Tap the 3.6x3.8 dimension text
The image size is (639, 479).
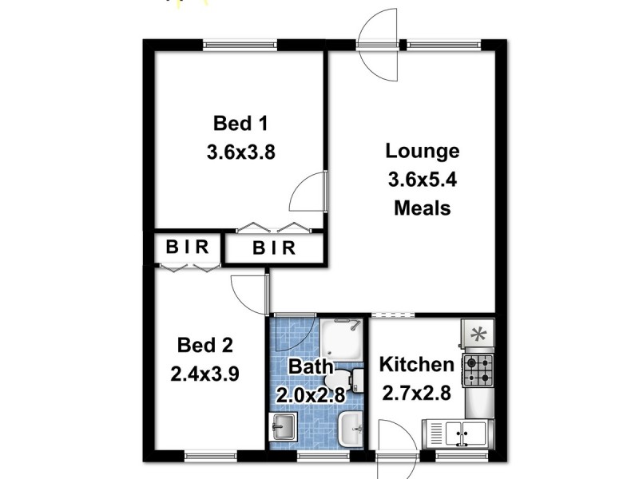240,152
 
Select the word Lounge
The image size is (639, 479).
423,151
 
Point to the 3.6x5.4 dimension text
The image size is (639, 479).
423,180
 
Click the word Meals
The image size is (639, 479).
423,208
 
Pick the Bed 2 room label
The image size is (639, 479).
205,346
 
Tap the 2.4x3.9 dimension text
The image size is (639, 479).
205,373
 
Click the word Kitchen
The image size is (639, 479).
416,365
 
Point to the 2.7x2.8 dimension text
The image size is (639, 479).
416,394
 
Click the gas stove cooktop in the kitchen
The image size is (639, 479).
479,370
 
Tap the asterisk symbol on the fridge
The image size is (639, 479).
479,334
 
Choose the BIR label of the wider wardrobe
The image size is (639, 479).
274,248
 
